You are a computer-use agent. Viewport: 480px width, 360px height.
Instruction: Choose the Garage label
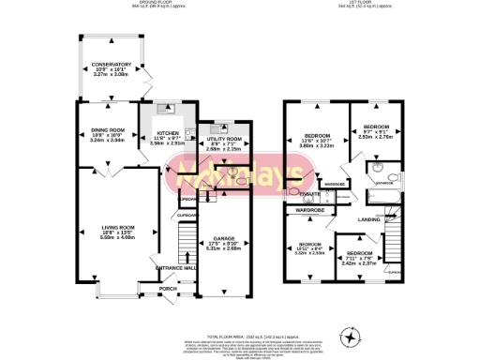(x=223, y=240)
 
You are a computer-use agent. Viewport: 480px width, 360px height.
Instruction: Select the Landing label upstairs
(x=369, y=221)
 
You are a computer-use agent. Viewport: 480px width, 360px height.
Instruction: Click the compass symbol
(x=352, y=335)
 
